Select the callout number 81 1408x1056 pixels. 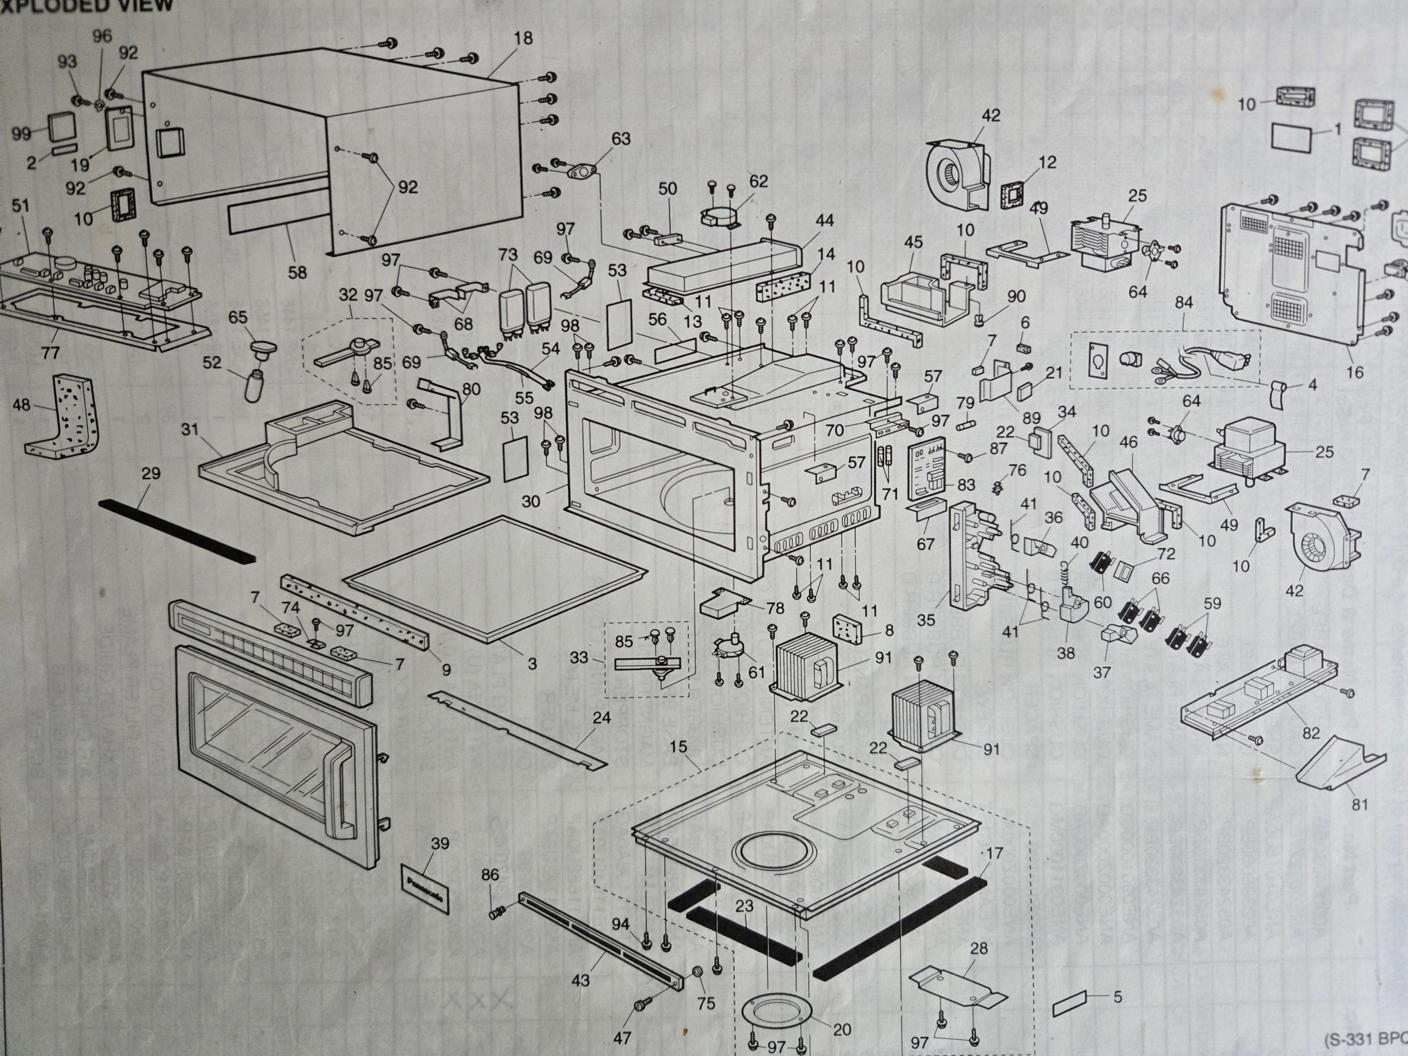[1360, 805]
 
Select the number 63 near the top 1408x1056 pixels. [621, 139]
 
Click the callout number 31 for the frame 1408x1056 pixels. [190, 430]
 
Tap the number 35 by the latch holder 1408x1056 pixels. [926, 619]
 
